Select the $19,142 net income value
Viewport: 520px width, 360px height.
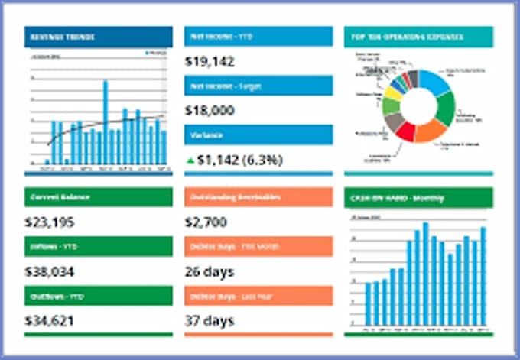click(210, 62)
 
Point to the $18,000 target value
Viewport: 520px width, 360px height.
click(210, 111)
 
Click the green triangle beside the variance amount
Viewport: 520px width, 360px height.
click(190, 160)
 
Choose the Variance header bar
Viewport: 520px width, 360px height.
click(258, 135)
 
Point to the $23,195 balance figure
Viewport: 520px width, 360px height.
click(50, 222)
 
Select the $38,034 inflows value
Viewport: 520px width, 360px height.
click(50, 271)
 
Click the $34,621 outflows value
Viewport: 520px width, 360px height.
click(50, 320)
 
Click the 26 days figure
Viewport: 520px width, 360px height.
click(210, 271)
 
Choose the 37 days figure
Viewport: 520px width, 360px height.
click(210, 320)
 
